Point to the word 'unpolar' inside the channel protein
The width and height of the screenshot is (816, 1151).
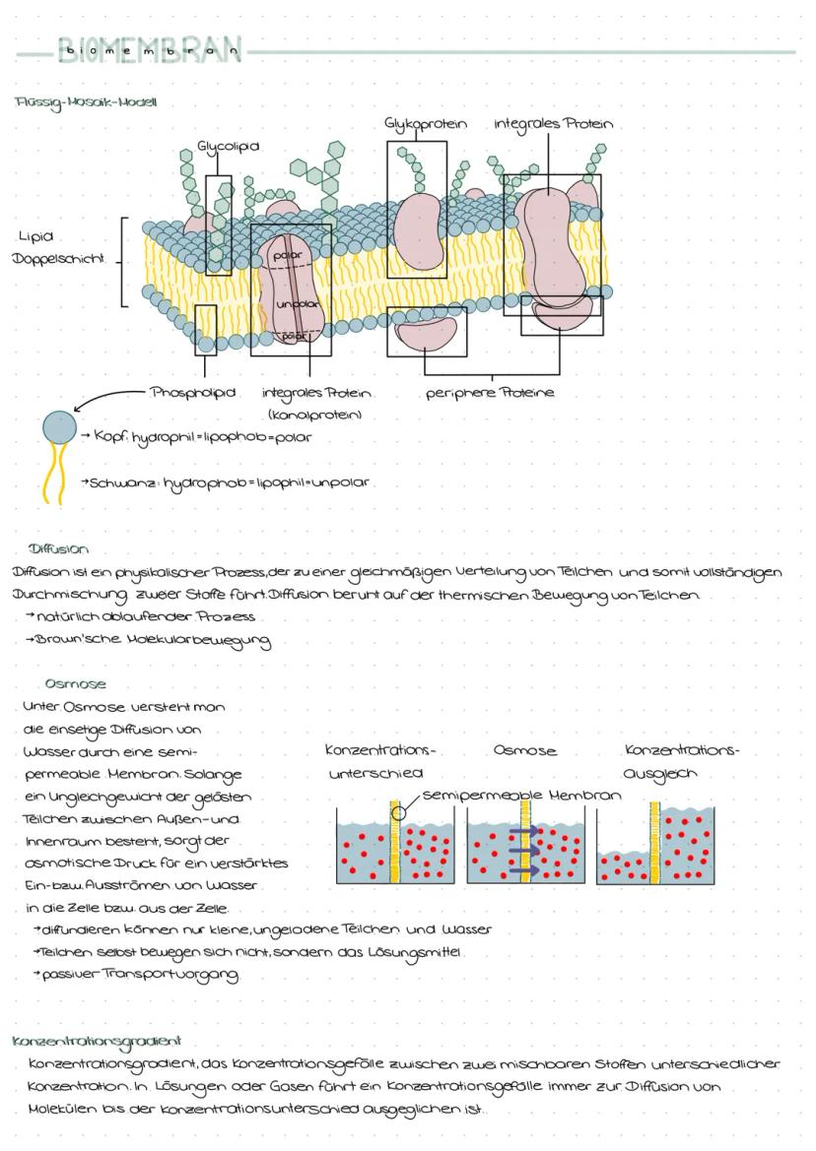click(295, 303)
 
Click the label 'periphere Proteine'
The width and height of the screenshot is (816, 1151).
click(490, 393)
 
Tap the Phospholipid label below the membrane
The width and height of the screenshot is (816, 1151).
click(193, 393)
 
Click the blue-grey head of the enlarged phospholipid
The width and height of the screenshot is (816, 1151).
click(59, 427)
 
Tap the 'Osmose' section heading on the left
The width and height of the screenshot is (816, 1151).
click(75, 683)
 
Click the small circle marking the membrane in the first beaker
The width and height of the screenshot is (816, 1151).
click(398, 812)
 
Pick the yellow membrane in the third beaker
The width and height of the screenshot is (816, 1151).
click(653, 844)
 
